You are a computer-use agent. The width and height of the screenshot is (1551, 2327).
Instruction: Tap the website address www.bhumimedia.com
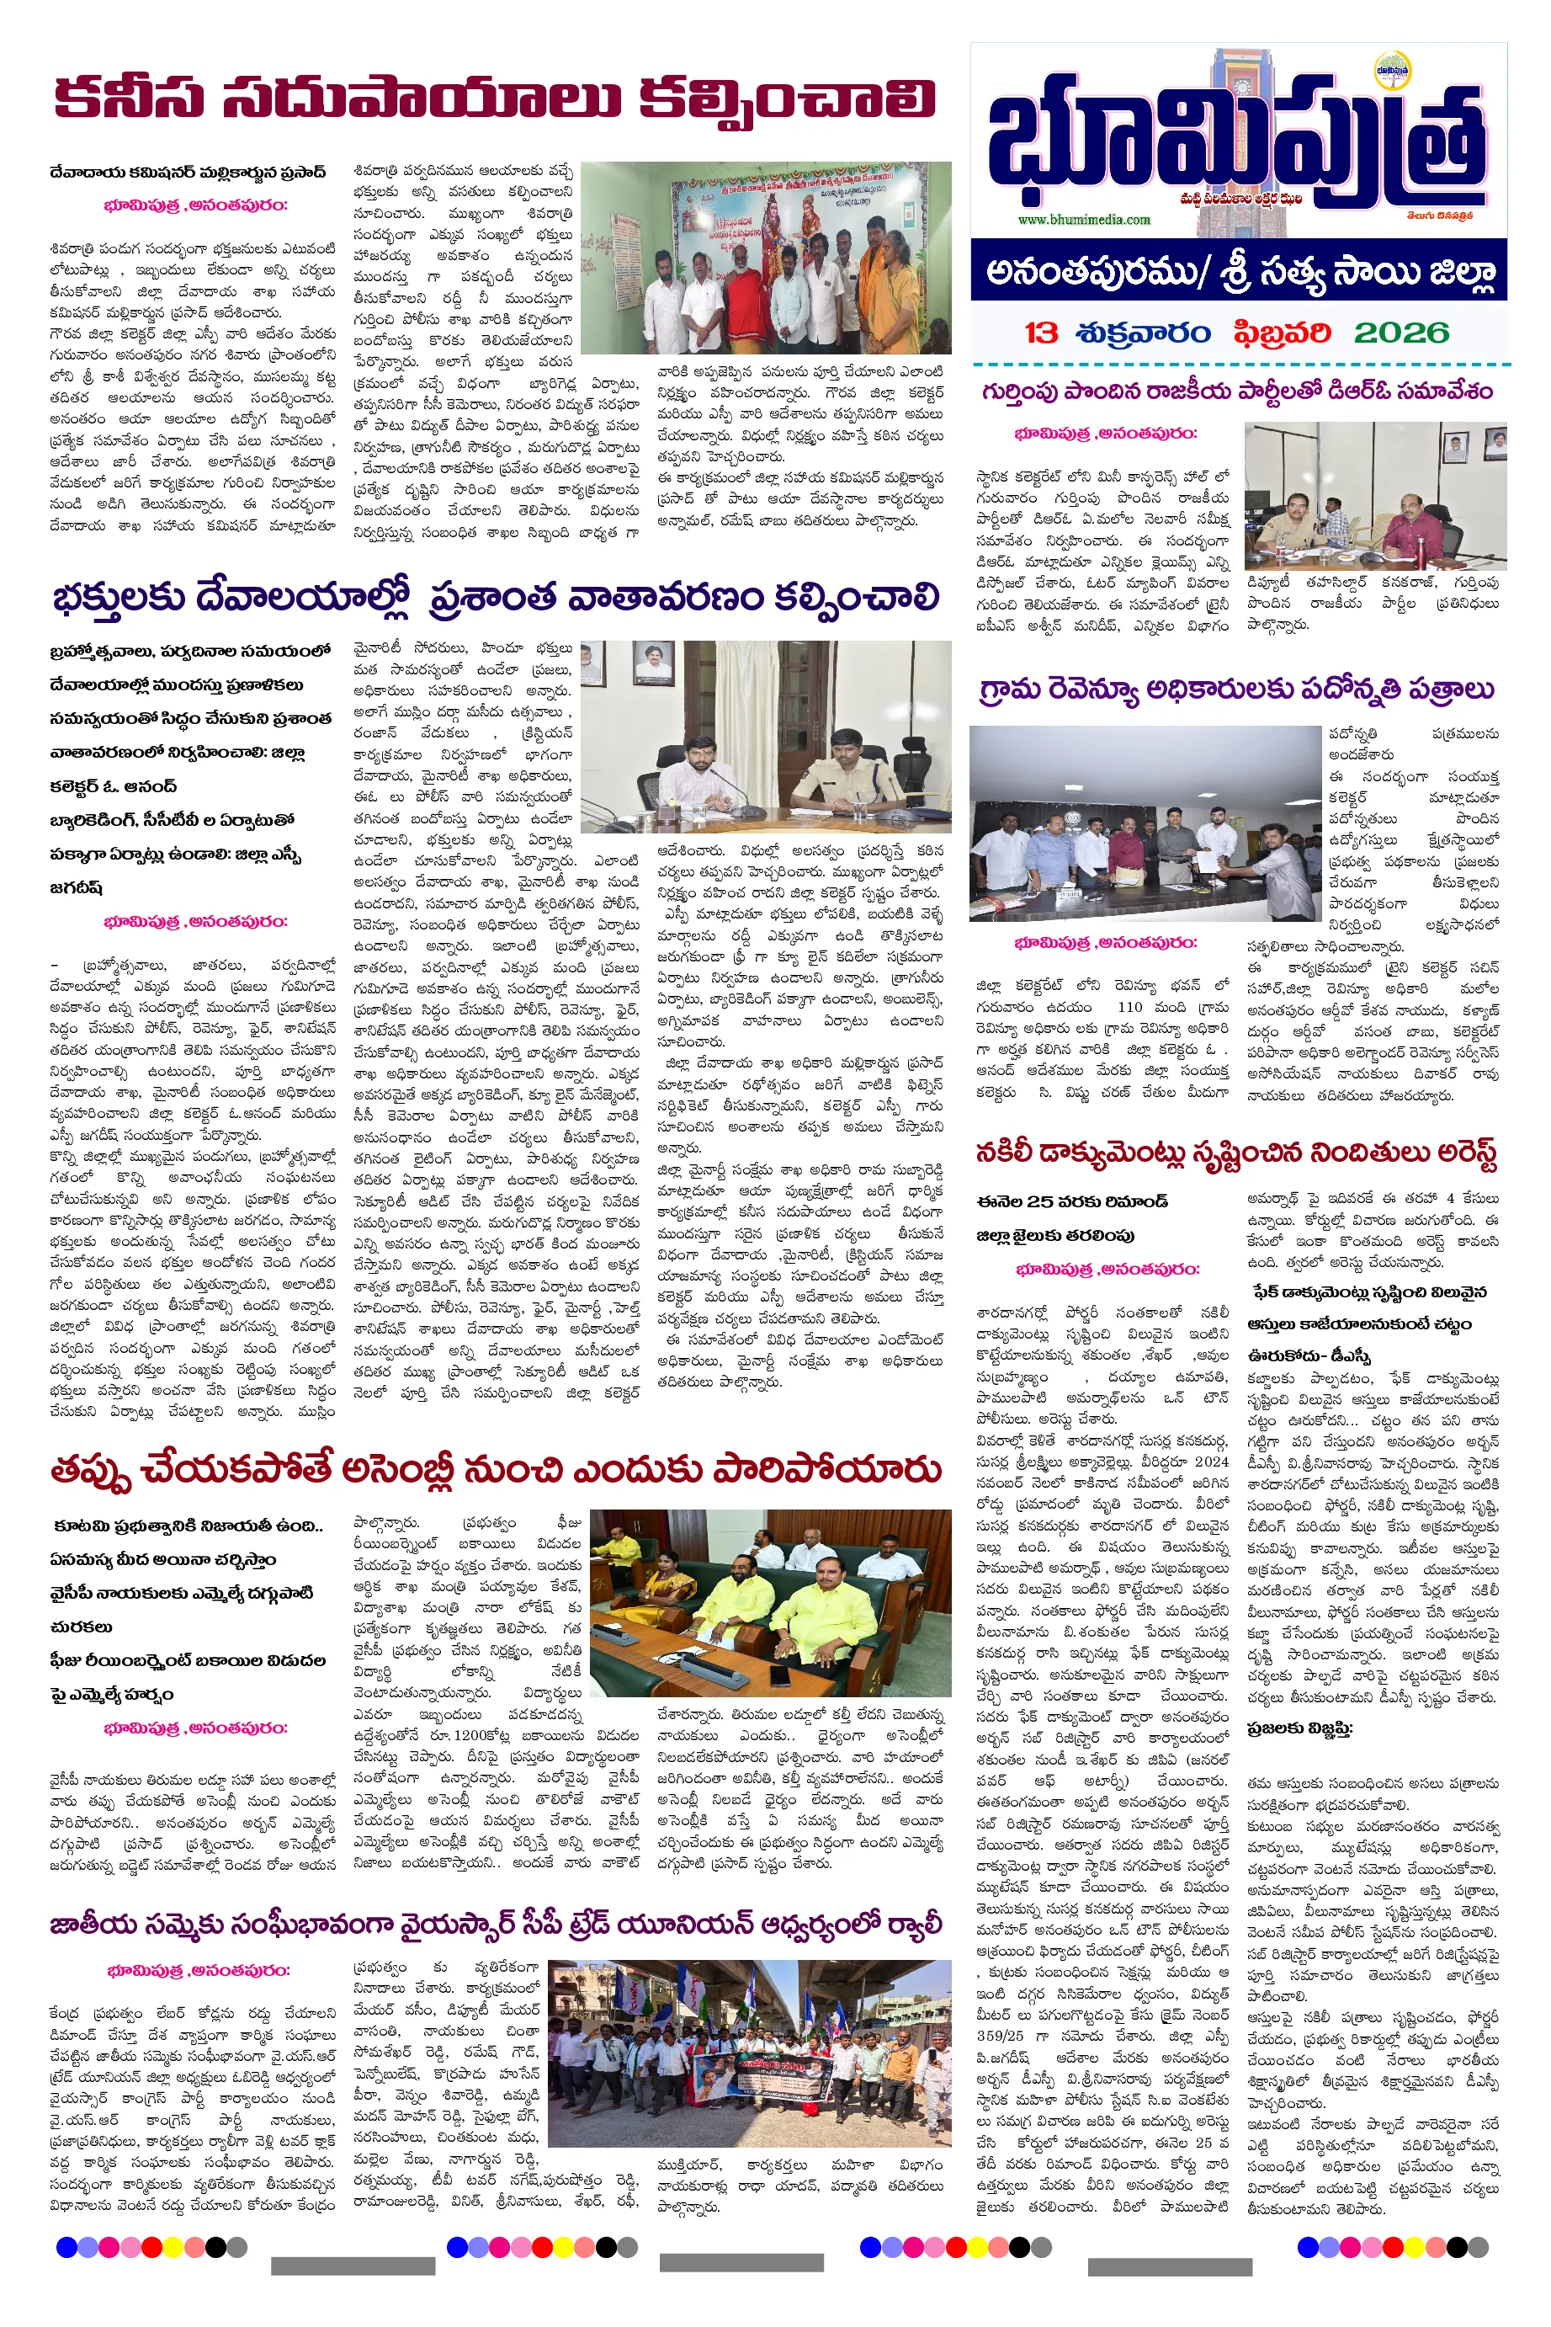click(1083, 220)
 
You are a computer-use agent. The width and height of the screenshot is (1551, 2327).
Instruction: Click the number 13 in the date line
click(1041, 333)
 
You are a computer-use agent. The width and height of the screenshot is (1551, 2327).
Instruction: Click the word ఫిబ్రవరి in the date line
click(1281, 333)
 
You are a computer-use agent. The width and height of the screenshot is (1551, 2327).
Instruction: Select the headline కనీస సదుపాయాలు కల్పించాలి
click(495, 99)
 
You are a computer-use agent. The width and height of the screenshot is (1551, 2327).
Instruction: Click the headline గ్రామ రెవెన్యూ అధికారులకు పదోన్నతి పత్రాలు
click(1236, 690)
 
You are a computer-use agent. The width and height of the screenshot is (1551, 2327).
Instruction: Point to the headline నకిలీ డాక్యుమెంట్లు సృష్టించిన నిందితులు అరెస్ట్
click(1236, 1153)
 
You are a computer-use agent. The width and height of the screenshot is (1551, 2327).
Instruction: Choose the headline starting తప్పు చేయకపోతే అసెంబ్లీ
click(495, 1470)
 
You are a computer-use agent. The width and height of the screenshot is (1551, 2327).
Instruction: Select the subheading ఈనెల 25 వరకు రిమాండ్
click(1072, 1201)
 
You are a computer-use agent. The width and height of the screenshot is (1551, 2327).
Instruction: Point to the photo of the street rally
click(749, 2053)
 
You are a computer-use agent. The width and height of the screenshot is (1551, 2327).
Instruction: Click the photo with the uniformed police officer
click(766, 738)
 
